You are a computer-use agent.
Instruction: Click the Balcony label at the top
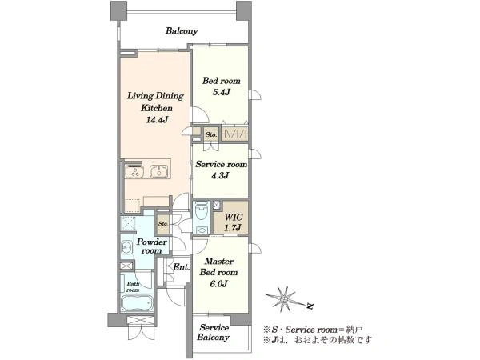pos(182,31)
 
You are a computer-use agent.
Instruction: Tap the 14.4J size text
pos(157,120)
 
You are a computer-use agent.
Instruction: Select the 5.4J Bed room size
pos(221,92)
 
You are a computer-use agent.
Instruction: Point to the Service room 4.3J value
pos(220,176)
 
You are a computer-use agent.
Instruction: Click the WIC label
pos(234,218)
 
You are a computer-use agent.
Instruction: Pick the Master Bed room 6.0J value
pos(218,284)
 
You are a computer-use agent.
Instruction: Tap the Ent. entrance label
pos(181,267)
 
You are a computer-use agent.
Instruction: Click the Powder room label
pos(152,246)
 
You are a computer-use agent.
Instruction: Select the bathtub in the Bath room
pos(137,303)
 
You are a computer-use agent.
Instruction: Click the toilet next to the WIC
pos(202,210)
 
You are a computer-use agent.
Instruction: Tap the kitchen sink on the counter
pos(158,172)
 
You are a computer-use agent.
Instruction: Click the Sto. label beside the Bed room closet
pos(211,134)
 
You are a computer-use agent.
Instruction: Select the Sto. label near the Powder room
pos(163,223)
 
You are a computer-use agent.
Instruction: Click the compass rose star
pos(283,299)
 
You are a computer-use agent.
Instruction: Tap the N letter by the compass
pos(310,306)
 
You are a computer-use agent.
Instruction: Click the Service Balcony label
pos(214,333)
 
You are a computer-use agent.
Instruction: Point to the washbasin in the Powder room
pos(126,246)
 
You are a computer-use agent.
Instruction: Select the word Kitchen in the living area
pos(157,108)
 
